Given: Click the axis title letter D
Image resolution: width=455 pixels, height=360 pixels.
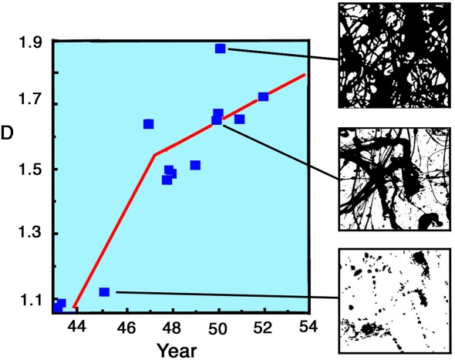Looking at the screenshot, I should [x=8, y=133].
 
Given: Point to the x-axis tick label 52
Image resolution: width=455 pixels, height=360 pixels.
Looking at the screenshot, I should [x=264, y=327].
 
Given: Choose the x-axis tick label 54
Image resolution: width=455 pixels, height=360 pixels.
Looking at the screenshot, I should [x=308, y=327].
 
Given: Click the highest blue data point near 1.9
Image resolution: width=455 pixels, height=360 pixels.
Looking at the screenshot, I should [x=221, y=49].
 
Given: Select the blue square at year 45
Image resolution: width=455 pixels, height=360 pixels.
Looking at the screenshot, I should [x=104, y=291].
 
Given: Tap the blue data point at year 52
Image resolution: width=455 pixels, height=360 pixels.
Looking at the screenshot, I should [x=263, y=96].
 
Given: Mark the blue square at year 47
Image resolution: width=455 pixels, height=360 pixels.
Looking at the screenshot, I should [x=148, y=123].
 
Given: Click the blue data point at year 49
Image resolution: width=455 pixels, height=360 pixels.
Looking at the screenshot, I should [x=195, y=165].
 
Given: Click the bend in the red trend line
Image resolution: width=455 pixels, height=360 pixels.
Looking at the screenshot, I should [x=155, y=155].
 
